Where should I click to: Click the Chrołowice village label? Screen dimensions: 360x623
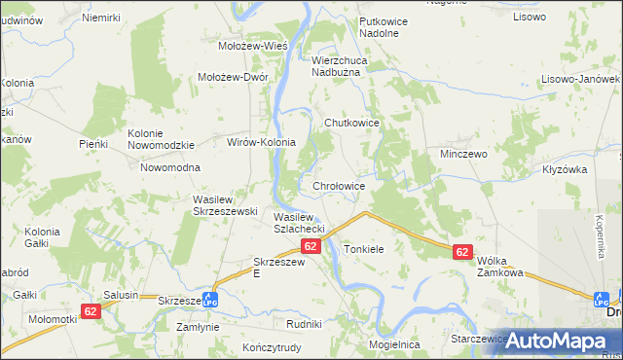click(339, 185)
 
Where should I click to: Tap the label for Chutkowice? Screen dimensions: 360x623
click(350, 123)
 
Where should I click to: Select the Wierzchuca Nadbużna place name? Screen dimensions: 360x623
click(349, 65)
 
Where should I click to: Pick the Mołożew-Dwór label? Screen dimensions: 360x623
click(233, 78)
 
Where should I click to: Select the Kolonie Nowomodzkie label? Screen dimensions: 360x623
click(162, 139)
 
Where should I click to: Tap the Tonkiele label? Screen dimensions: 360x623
click(364, 250)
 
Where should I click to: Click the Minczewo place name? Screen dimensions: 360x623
click(469, 155)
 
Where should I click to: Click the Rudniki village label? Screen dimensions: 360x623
click(304, 323)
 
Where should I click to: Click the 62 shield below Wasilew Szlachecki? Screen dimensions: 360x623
click(311, 247)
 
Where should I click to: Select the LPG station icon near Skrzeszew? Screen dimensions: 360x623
click(209, 300)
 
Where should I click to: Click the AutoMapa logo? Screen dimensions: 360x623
click(556, 340)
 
